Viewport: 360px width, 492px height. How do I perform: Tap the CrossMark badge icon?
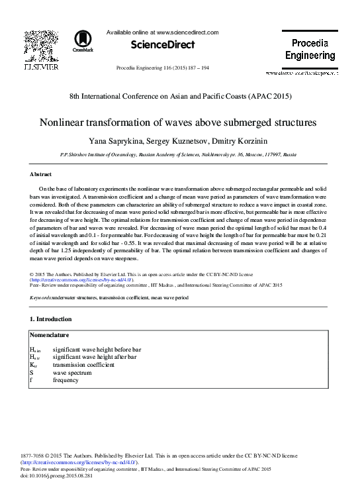click(x=83, y=41)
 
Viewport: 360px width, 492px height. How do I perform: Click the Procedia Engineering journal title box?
click(x=310, y=49)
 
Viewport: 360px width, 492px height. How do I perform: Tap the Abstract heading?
click(x=41, y=174)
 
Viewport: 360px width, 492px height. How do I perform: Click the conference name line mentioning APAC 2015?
click(x=180, y=96)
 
